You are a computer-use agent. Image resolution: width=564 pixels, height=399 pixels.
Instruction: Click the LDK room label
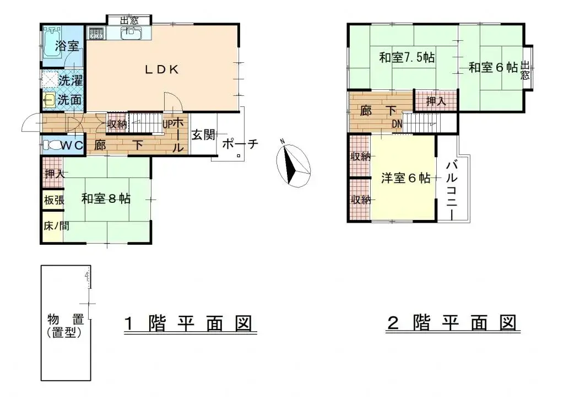click(x=161, y=69)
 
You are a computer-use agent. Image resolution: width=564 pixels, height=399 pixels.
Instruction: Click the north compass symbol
click(x=292, y=164)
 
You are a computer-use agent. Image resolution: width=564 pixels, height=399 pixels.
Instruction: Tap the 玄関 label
click(x=203, y=134)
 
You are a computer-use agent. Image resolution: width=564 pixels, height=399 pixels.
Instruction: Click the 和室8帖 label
click(x=106, y=198)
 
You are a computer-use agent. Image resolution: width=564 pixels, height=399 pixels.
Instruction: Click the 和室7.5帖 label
click(x=406, y=57)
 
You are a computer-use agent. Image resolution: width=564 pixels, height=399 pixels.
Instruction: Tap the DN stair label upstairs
click(x=397, y=125)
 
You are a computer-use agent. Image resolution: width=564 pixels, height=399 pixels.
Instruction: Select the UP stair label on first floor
click(x=167, y=124)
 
